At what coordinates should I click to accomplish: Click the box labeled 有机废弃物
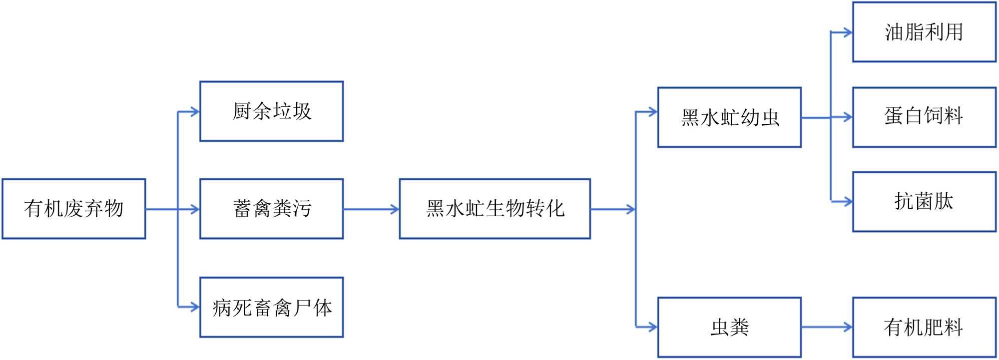tap(73, 209)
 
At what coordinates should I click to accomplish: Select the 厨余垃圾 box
tap(271, 111)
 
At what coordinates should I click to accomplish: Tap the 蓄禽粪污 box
tap(271, 209)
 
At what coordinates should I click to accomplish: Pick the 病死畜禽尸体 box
tap(271, 307)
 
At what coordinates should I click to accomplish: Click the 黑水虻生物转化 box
tap(495, 209)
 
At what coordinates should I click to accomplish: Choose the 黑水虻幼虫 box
tap(729, 117)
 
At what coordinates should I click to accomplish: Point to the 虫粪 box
tap(729, 327)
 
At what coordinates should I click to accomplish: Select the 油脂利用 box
tap(924, 32)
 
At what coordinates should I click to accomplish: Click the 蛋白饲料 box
tap(924, 117)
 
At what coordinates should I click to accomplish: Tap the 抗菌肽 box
tap(924, 202)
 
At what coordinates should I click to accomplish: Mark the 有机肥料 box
tap(924, 327)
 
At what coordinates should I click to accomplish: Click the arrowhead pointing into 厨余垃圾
tap(195, 112)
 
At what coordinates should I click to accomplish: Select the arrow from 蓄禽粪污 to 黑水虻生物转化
tap(371, 209)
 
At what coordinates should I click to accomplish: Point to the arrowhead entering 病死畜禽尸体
tap(195, 307)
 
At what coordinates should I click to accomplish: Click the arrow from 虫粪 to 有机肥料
tap(827, 328)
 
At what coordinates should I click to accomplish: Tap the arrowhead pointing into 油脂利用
tap(847, 33)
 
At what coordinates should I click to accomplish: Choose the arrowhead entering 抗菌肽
tap(847, 202)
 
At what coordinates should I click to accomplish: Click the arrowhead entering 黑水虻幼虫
tap(652, 112)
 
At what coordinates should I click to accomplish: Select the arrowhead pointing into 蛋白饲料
tap(847, 118)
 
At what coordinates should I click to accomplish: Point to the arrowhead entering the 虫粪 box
tap(652, 327)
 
